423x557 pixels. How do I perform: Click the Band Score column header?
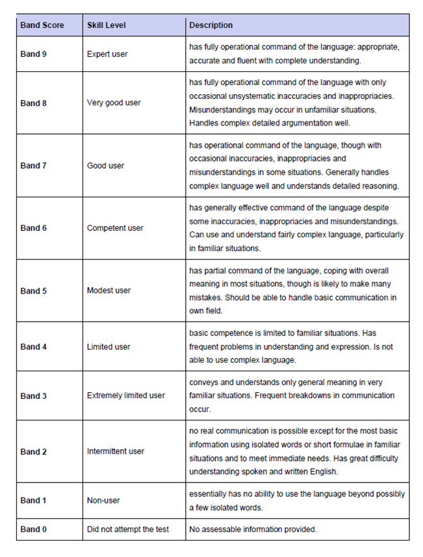click(42, 25)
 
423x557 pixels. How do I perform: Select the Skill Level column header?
click(107, 25)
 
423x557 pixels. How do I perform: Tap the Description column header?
click(211, 25)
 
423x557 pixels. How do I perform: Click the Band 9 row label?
click(33, 54)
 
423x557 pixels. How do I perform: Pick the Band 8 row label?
click(33, 103)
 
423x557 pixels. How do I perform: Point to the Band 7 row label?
click(33, 165)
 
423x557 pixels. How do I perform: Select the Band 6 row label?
click(33, 228)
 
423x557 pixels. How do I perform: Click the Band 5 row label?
click(33, 291)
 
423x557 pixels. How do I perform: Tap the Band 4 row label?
click(33, 346)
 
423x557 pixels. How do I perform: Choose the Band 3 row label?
click(33, 396)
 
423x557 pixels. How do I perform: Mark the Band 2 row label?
click(33, 451)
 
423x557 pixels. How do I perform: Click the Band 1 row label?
click(33, 500)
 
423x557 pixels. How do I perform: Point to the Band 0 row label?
click(33, 529)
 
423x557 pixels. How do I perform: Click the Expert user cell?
click(107, 54)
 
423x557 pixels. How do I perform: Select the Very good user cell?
click(114, 103)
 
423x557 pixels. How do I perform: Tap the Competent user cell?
click(115, 228)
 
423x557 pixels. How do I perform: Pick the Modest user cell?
click(109, 291)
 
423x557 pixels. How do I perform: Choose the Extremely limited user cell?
click(126, 396)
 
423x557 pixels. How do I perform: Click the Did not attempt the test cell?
click(127, 529)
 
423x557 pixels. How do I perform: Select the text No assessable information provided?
click(253, 529)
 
